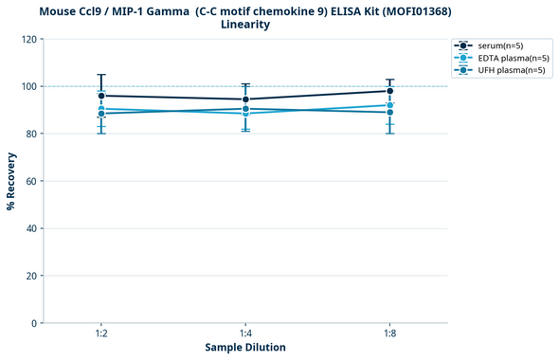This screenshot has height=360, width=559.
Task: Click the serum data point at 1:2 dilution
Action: pos(101,96)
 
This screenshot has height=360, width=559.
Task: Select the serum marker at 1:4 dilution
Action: pos(245,99)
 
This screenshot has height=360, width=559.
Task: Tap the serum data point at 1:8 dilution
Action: pos(389,91)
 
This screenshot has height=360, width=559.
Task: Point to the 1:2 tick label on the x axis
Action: pos(101,334)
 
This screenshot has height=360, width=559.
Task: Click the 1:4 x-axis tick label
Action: pos(245,334)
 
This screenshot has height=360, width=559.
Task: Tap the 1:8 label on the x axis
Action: pos(389,334)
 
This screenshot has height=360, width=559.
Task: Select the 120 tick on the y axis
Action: pos(28,40)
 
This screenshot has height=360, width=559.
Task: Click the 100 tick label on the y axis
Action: pos(28,87)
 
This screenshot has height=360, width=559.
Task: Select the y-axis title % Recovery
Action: pos(11,180)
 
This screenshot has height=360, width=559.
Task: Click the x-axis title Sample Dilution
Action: pos(245,348)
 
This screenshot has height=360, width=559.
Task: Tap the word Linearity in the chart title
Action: pos(245,25)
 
